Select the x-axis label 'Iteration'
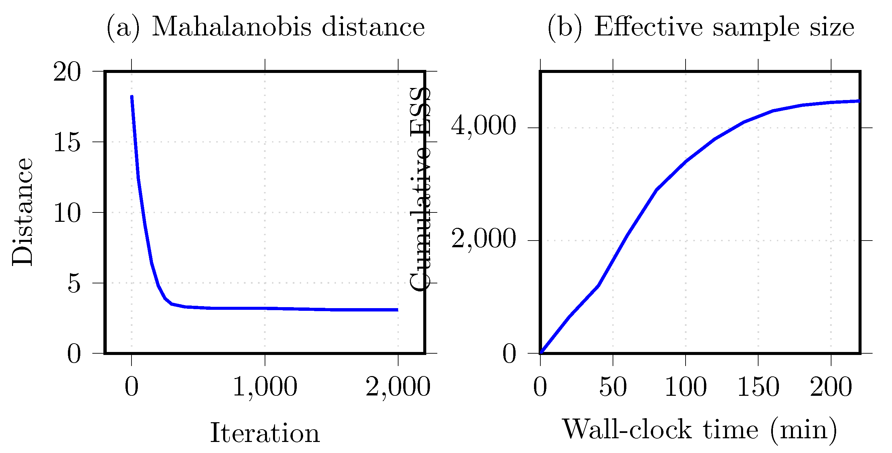(x=265, y=433)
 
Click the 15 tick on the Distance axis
(x=67, y=142)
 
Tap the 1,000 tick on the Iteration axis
(x=265, y=386)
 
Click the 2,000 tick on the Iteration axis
(x=398, y=386)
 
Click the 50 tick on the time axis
(x=613, y=386)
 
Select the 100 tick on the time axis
(x=686, y=386)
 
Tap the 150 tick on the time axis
(x=759, y=386)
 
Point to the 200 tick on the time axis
(x=831, y=386)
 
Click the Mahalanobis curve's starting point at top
(x=132, y=96)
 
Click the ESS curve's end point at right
(x=859, y=101)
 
